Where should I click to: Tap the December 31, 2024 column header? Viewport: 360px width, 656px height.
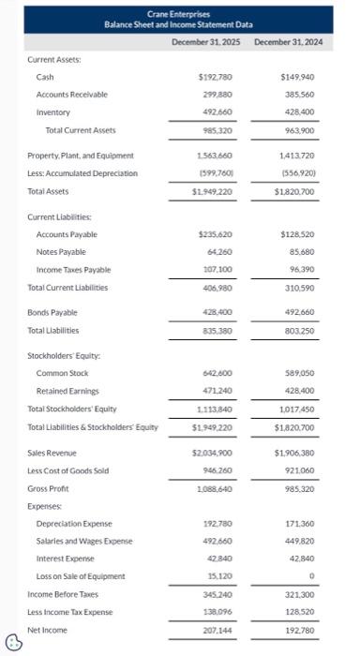tap(288, 43)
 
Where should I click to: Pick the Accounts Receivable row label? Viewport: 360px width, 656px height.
tap(71, 95)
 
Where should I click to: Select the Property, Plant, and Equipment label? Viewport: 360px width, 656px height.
tap(81, 156)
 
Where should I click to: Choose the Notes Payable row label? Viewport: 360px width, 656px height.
tap(61, 252)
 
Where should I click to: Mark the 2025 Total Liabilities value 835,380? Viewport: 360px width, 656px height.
tap(217, 331)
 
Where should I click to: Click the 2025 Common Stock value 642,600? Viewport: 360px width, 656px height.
tap(217, 374)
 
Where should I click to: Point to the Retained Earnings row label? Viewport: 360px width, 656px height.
tap(67, 391)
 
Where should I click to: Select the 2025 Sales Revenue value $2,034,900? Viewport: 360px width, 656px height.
tap(213, 453)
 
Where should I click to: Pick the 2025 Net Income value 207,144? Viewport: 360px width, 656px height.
tap(217, 631)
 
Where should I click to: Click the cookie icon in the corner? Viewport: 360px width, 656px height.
tap(13, 642)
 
